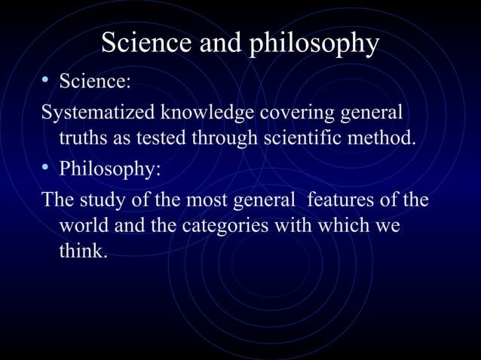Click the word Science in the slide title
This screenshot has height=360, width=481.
pyautogui.click(x=145, y=44)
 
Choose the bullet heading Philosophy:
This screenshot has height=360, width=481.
pyautogui.click(x=109, y=168)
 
